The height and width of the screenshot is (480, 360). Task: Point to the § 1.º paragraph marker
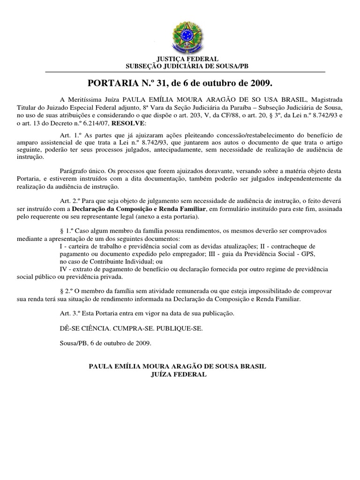pos(67,232)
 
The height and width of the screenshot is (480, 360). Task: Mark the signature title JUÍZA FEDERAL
pos(178,375)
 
